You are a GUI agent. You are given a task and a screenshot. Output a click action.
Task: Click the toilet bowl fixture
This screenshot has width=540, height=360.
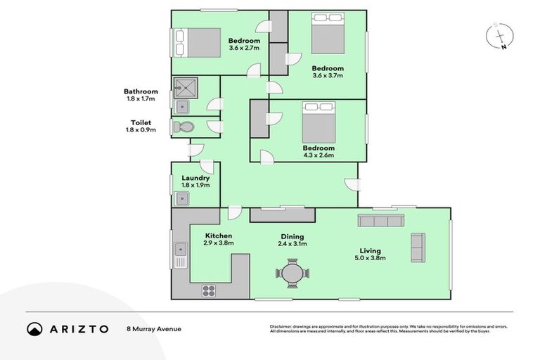[x=184, y=127]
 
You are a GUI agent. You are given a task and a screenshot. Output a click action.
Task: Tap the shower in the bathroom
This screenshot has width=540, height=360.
[x=186, y=88]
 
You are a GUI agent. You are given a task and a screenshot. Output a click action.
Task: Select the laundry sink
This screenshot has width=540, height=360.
[x=182, y=198]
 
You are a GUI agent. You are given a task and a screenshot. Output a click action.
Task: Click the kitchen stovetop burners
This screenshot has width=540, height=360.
[x=209, y=290]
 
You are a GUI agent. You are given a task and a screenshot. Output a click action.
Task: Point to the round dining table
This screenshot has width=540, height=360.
[x=292, y=274]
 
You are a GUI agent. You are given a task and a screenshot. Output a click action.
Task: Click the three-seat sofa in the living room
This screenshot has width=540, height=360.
[x=381, y=221]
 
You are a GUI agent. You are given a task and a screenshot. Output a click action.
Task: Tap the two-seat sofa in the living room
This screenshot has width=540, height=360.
[x=418, y=247]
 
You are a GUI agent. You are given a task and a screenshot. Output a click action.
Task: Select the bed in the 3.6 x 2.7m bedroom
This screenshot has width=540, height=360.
[x=198, y=43]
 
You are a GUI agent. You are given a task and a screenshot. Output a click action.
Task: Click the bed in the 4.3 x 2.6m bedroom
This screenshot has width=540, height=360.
[x=319, y=122]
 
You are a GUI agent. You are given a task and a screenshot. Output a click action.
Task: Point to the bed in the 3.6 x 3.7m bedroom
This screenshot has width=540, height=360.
[x=328, y=33]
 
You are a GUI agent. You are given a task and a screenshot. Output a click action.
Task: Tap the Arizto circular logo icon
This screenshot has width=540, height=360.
[x=34, y=329]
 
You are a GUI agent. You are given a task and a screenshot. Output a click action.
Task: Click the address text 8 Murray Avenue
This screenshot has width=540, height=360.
[x=154, y=329]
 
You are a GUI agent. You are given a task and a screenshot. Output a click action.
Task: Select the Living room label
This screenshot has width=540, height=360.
[x=371, y=251]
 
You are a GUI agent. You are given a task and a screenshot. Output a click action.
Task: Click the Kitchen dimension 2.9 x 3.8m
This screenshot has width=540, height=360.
[x=219, y=243]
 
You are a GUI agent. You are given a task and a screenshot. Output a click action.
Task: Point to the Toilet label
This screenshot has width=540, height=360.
[x=141, y=122]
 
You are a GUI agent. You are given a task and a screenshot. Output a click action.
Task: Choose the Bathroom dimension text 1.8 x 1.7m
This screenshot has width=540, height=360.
[x=141, y=99]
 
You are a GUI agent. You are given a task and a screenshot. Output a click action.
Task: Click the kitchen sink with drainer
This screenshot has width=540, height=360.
[x=181, y=255]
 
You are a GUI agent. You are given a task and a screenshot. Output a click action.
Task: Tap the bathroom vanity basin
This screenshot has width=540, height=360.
[x=182, y=107]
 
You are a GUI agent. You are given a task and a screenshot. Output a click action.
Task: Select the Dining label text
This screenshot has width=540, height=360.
[x=292, y=237]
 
